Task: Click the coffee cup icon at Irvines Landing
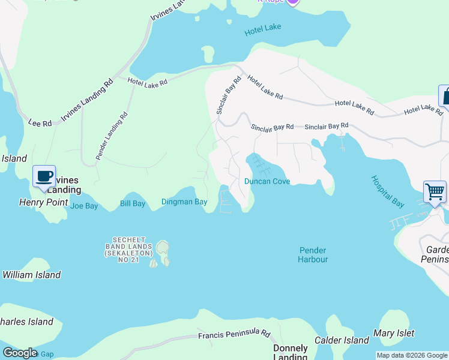pyautogui.click(x=44, y=176)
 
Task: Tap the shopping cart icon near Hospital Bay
pyautogui.click(x=435, y=192)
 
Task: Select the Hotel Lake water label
pyautogui.click(x=263, y=30)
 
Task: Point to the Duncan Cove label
pyautogui.click(x=267, y=181)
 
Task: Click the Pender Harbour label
pyautogui.click(x=313, y=254)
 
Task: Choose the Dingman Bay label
pyautogui.click(x=184, y=202)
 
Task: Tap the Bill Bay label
pyautogui.click(x=132, y=204)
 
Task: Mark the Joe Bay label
pyautogui.click(x=84, y=206)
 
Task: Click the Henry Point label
pyautogui.click(x=44, y=203)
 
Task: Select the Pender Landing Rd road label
pyautogui.click(x=110, y=136)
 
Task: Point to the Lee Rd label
pyautogui.click(x=40, y=122)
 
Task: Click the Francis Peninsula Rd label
pyautogui.click(x=235, y=334)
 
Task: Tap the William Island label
pyautogui.click(x=31, y=275)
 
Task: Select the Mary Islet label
pyautogui.click(x=394, y=333)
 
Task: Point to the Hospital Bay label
pyautogui.click(x=388, y=191)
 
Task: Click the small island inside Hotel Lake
pyautogui.click(x=208, y=55)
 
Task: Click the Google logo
pyautogui.click(x=19, y=353)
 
